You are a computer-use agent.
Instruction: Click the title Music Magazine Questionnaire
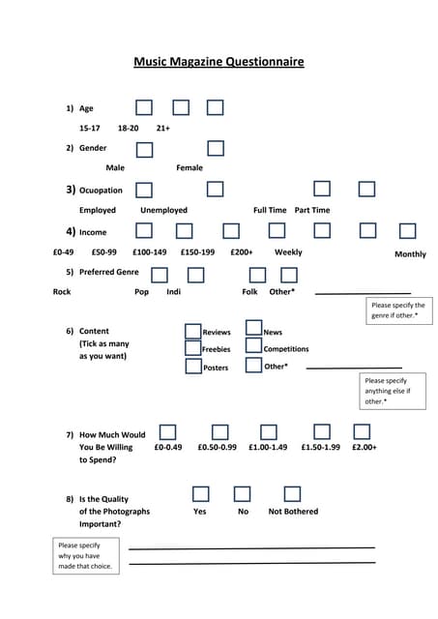(219, 62)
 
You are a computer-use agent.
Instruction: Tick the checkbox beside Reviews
(192, 332)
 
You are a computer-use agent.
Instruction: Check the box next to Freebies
(192, 349)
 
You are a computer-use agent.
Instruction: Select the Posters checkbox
(192, 367)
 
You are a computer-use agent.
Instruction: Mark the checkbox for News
(253, 329)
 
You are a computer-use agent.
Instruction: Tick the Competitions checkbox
(253, 346)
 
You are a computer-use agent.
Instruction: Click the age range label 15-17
(89, 128)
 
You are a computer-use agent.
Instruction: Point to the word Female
(190, 167)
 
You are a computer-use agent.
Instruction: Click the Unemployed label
(163, 210)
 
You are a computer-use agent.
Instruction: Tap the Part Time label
(311, 210)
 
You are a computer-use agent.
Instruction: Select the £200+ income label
(242, 251)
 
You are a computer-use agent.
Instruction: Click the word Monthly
(410, 254)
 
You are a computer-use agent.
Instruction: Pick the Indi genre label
(173, 291)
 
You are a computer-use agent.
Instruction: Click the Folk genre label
(250, 291)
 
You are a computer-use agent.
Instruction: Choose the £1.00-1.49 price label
(268, 447)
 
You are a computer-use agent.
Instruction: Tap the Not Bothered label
(293, 511)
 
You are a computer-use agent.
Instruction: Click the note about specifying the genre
(397, 310)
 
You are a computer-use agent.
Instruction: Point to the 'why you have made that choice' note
(85, 555)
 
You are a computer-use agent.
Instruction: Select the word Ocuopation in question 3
(101, 191)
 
